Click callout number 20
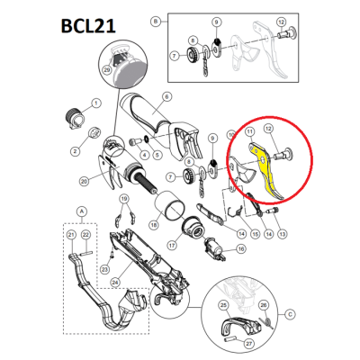[x=83, y=181]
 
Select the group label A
[x=83, y=214]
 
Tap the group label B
[x=156, y=19]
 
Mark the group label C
[x=290, y=314]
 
